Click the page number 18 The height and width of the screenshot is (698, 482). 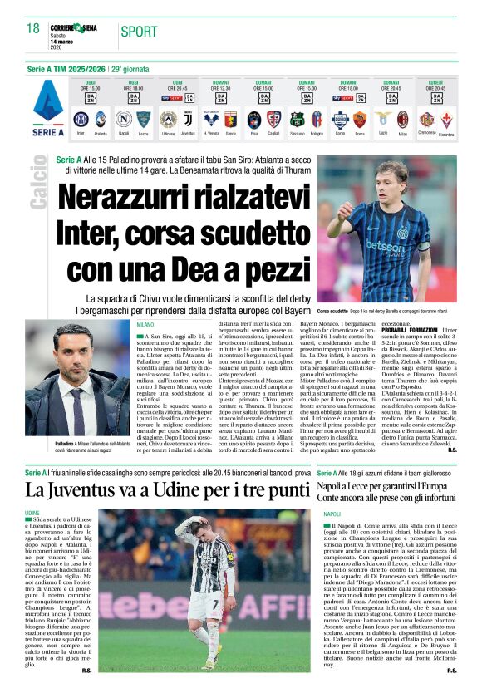click(x=32, y=29)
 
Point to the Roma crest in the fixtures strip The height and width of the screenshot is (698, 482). click(x=360, y=118)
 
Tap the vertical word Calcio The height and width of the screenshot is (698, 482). click(x=38, y=181)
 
